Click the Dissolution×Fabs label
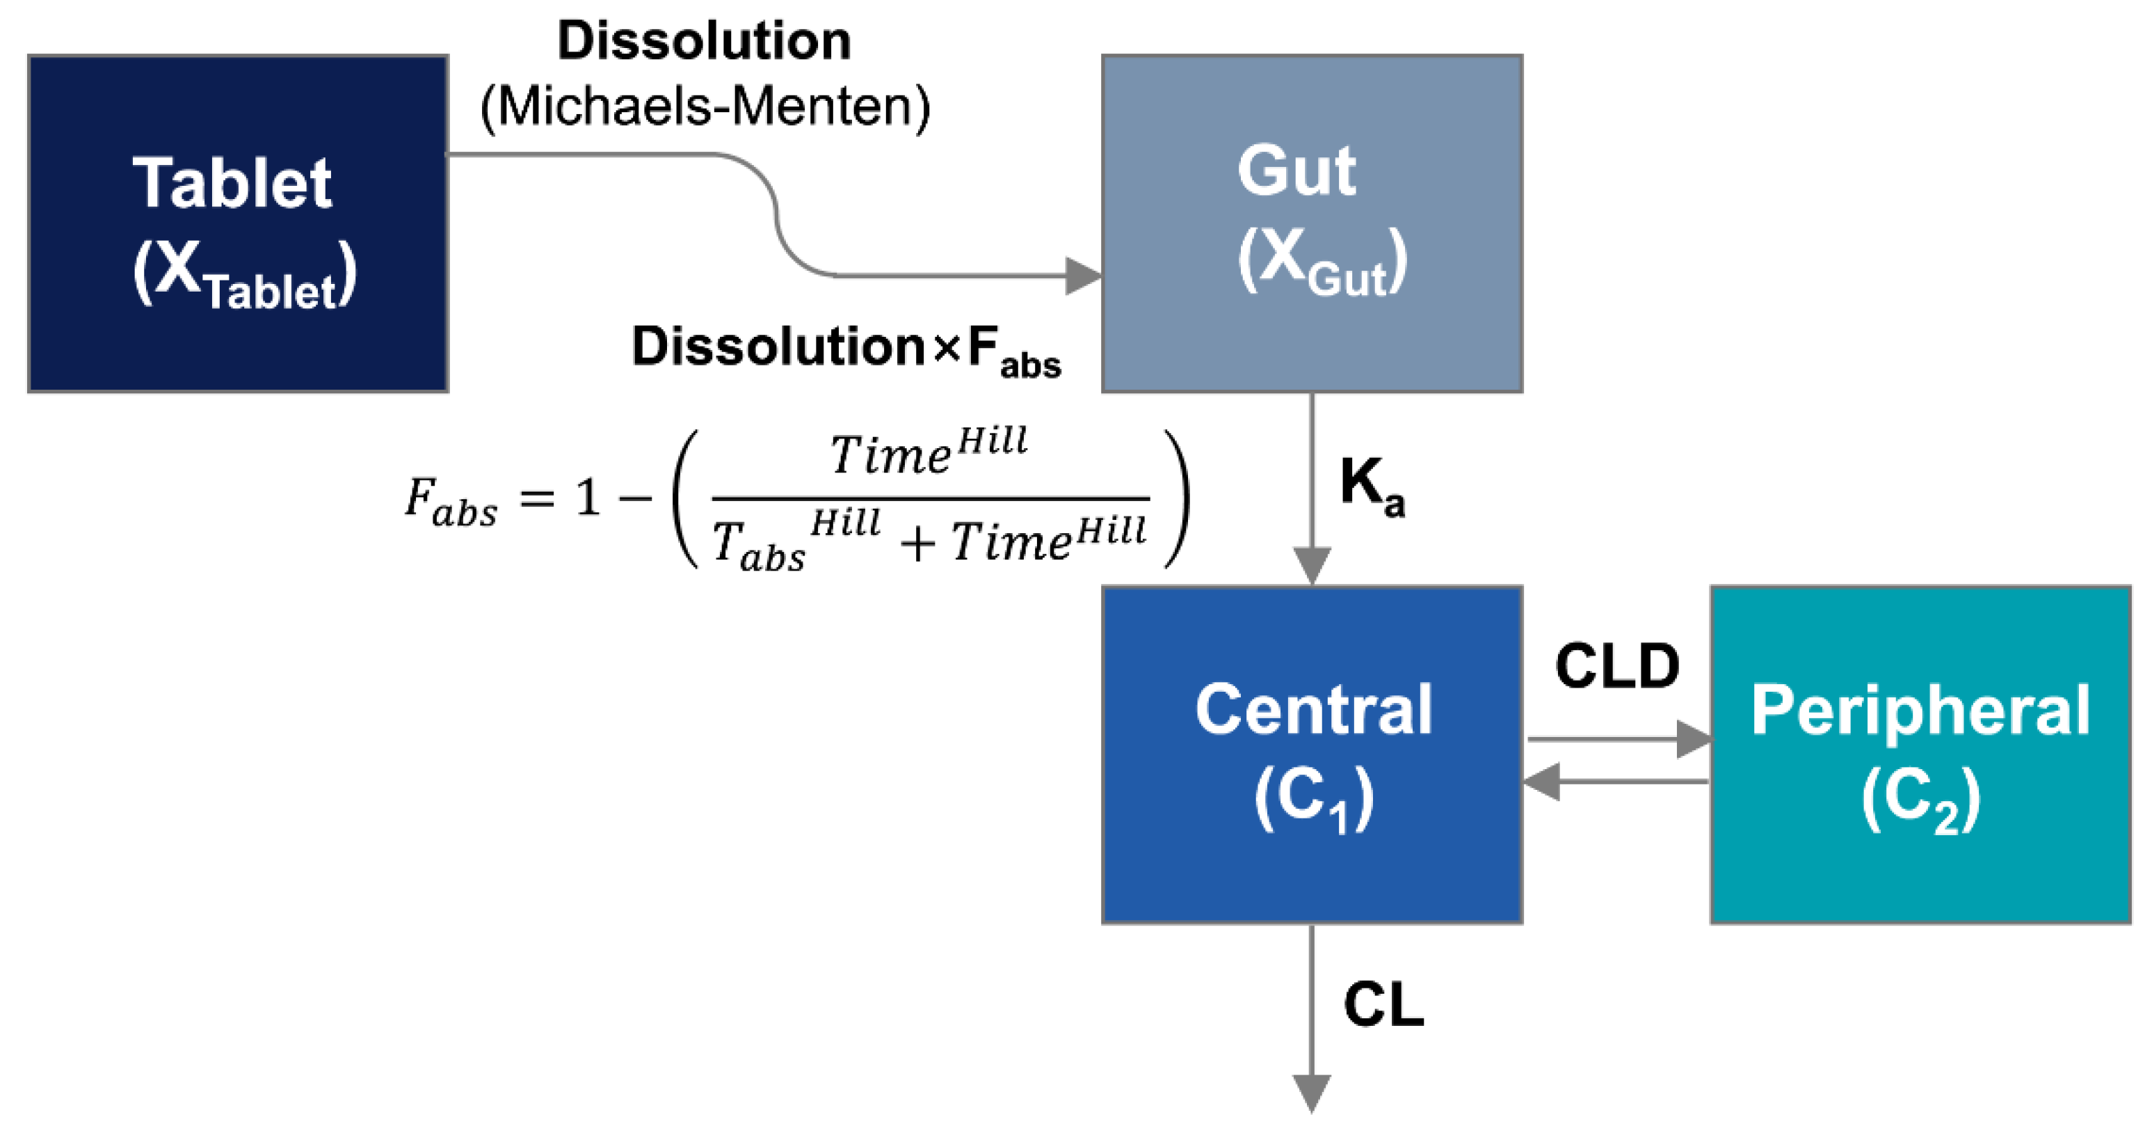pos(846,349)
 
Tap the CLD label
pos(1616,667)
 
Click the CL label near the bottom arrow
pos(1383,1004)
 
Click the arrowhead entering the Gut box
pos(1084,276)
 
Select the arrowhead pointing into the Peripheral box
pos(1694,740)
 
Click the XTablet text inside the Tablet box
pos(244,276)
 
